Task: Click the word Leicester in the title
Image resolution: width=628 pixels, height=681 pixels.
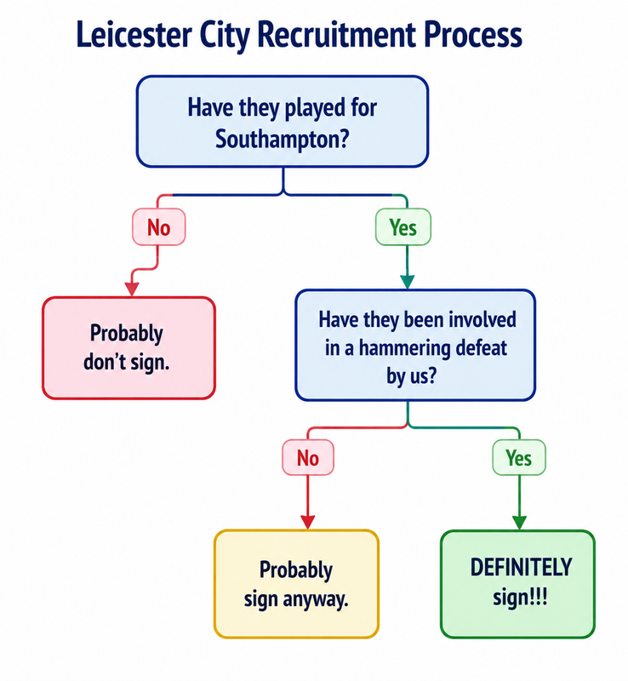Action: [x=134, y=34]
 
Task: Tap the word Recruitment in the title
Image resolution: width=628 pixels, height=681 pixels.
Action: [x=337, y=34]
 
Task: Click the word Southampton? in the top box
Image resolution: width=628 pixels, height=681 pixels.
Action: [x=283, y=139]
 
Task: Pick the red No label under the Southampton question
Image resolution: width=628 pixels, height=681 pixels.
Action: [x=159, y=227]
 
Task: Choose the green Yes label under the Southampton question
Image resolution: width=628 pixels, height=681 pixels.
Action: [x=403, y=227]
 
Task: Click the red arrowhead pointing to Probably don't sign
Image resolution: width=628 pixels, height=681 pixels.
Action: [x=132, y=289]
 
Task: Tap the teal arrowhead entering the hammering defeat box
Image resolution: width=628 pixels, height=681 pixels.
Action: [x=407, y=282]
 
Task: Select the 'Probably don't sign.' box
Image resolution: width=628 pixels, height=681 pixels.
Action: [x=129, y=348]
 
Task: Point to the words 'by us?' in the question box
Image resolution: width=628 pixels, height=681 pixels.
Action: [x=411, y=375]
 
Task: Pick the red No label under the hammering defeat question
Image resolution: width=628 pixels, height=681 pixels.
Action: [x=308, y=457]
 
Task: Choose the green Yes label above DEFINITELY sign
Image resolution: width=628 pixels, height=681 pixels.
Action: [x=519, y=457]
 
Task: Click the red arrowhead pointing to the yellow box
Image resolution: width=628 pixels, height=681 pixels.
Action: [x=308, y=522]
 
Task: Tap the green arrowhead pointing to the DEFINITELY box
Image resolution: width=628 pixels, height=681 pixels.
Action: [x=519, y=523]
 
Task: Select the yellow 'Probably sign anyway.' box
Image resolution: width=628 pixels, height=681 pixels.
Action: [x=297, y=584]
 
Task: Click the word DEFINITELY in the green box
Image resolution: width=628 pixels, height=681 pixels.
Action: [x=521, y=568]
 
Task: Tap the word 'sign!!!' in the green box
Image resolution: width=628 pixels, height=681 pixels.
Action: [x=520, y=598]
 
